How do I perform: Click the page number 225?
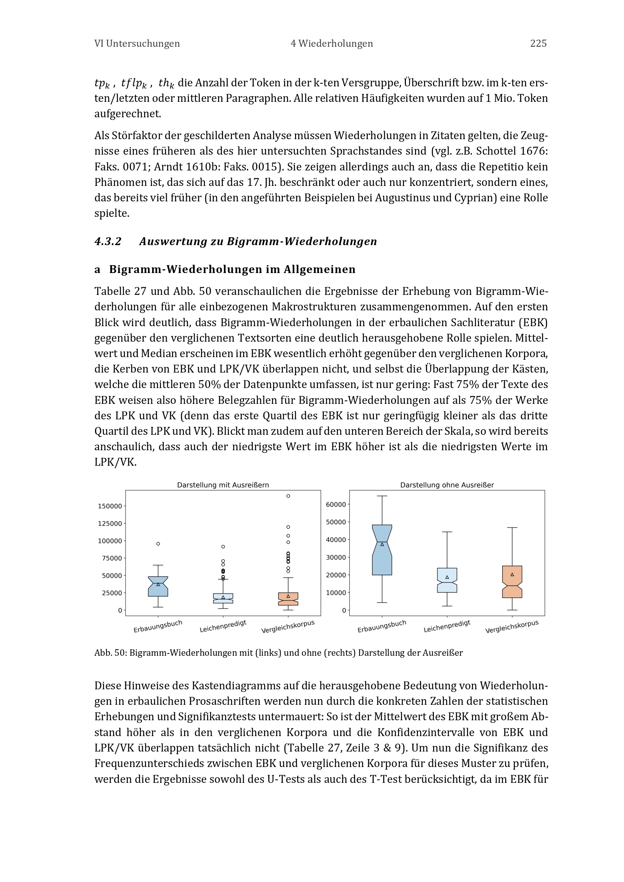pos(538,43)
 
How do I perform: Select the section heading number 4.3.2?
pos(108,241)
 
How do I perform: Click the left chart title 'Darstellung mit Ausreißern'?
pos(223,485)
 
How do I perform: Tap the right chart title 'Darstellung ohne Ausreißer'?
pos(447,485)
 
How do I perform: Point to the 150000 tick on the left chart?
pos(110,506)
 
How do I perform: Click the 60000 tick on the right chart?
pos(336,505)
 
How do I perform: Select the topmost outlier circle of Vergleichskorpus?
pos(288,496)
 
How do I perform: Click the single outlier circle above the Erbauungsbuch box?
pos(158,544)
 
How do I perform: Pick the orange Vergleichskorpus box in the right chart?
pos(512,582)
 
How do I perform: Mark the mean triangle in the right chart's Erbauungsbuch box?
pos(382,545)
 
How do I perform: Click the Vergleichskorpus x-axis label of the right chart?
pos(512,627)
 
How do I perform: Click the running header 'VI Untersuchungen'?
pos(137,43)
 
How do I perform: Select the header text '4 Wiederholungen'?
pos(332,43)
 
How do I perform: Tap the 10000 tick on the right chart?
pos(336,593)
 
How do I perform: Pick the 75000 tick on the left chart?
pos(112,558)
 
